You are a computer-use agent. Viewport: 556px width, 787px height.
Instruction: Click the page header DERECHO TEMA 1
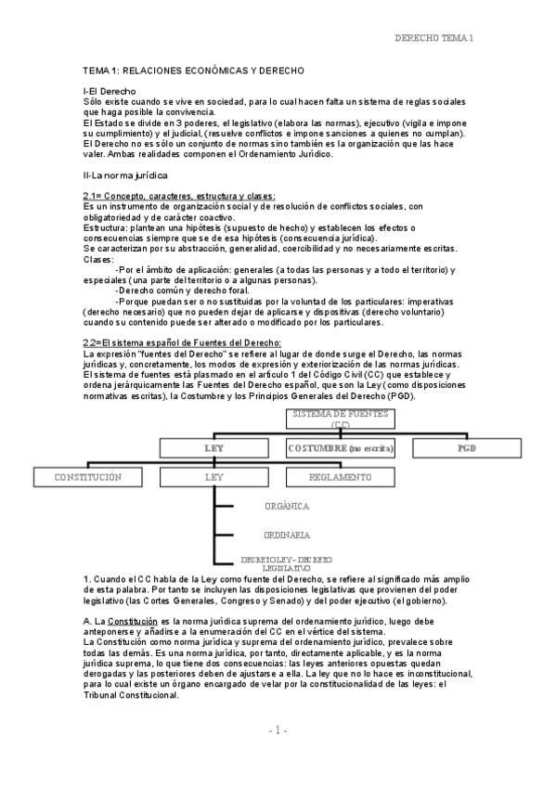pyautogui.click(x=433, y=38)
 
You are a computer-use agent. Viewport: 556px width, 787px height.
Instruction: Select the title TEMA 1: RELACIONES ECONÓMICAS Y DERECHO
pyautogui.click(x=194, y=71)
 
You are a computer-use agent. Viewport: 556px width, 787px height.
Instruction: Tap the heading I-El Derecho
pyautogui.click(x=110, y=91)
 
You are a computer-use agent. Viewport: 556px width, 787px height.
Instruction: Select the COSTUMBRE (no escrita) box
pyautogui.click(x=341, y=448)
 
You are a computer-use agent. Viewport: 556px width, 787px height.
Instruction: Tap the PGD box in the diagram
pyautogui.click(x=465, y=448)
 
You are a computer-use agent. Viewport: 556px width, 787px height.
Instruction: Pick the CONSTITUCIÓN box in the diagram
pyautogui.click(x=88, y=477)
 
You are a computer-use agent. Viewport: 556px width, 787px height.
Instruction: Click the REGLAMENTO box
pyautogui.click(x=341, y=477)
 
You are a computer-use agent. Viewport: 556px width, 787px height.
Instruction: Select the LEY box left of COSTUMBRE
pyautogui.click(x=214, y=448)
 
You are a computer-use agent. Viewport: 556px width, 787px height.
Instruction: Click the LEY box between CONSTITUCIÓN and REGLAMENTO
pyautogui.click(x=214, y=477)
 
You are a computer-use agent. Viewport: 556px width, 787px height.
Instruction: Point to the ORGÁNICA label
pyautogui.click(x=287, y=507)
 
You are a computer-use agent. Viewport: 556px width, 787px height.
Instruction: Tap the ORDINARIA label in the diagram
pyautogui.click(x=287, y=535)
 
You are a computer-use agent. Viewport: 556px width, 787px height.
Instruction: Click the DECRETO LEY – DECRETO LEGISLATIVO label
pyautogui.click(x=286, y=562)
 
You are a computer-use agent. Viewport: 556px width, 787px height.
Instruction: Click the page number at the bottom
pyautogui.click(x=278, y=757)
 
